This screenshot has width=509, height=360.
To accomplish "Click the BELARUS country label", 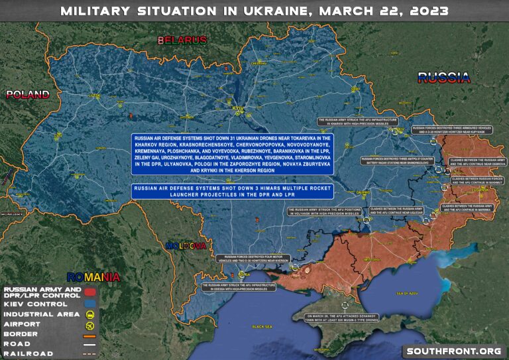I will click(x=182, y=40).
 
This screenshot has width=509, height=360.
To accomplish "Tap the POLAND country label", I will click(x=27, y=94).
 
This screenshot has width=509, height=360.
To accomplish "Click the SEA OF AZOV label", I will click(x=406, y=292).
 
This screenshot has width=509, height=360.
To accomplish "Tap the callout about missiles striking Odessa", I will click(x=239, y=288).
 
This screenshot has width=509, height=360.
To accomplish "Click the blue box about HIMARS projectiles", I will click(x=232, y=191).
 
